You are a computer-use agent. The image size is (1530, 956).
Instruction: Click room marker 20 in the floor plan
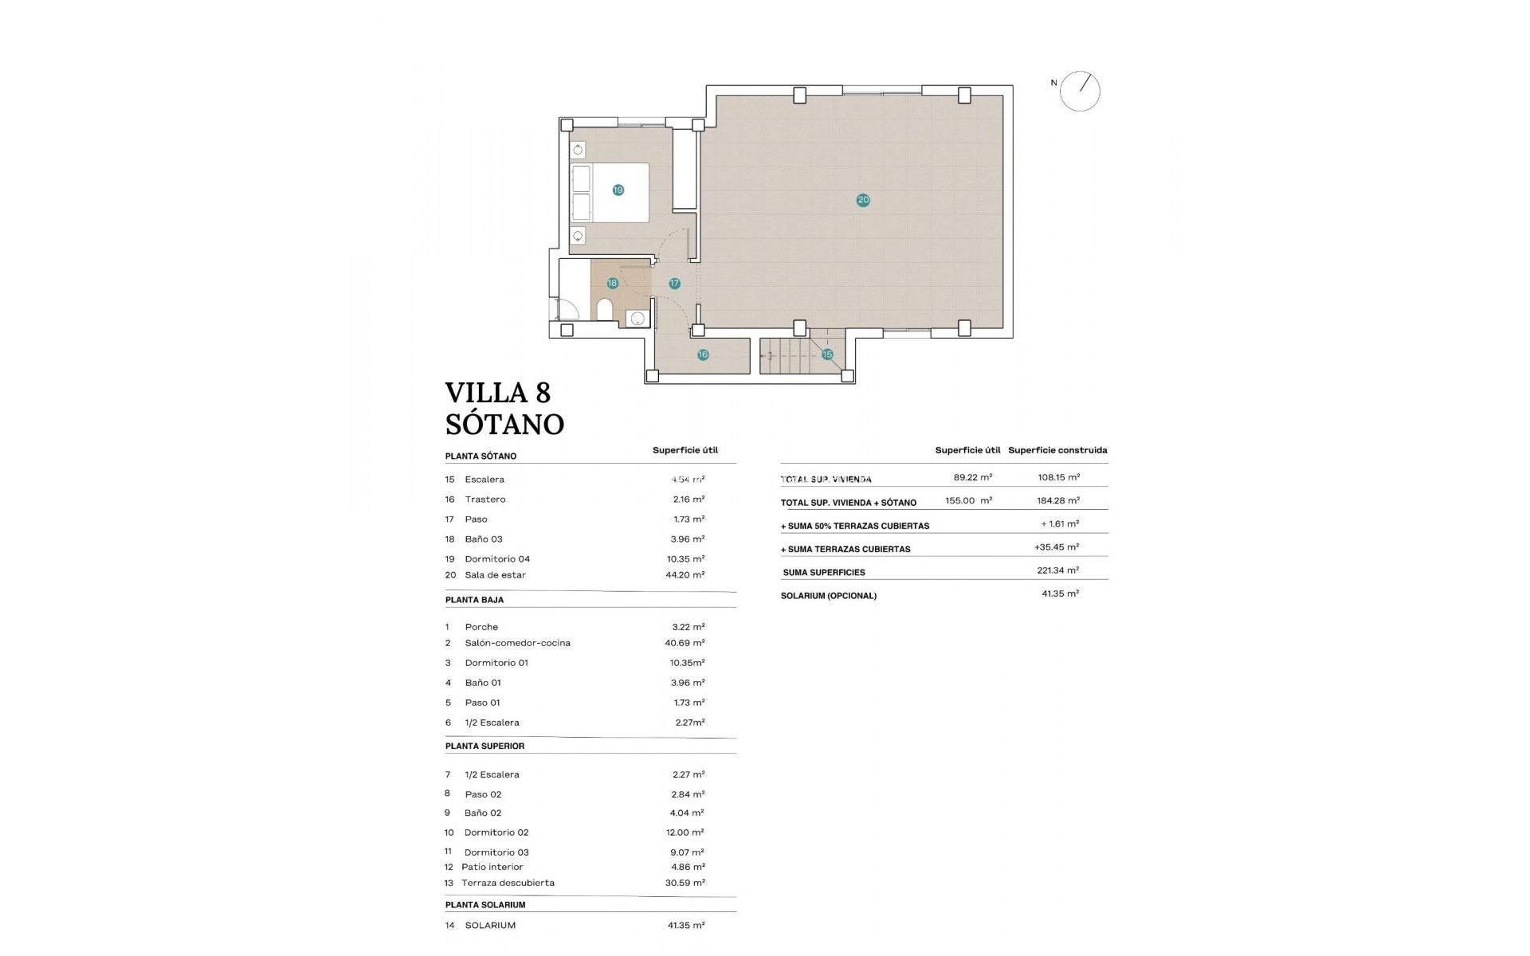pyautogui.click(x=863, y=201)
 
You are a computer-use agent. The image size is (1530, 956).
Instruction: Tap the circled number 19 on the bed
pyautogui.click(x=618, y=190)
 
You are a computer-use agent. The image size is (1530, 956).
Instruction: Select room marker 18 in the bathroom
pyautogui.click(x=612, y=284)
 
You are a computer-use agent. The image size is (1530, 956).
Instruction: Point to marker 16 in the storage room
pyautogui.click(x=703, y=355)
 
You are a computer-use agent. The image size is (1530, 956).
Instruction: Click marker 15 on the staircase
pyautogui.click(x=827, y=355)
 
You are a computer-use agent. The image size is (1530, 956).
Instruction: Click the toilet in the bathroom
pyautogui.click(x=605, y=309)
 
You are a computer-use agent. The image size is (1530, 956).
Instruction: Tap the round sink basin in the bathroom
pyautogui.click(x=637, y=319)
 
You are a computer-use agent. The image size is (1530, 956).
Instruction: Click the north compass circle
pyautogui.click(x=1080, y=91)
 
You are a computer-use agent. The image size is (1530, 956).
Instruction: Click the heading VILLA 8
pyautogui.click(x=498, y=393)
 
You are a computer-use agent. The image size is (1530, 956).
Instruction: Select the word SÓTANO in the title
pyautogui.click(x=504, y=425)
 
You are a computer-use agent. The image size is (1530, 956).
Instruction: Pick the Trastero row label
pyautogui.click(x=485, y=500)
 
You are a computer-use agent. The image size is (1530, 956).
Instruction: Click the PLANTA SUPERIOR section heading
pyautogui.click(x=484, y=746)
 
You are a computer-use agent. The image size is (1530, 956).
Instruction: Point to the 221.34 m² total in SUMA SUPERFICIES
pyautogui.click(x=1060, y=570)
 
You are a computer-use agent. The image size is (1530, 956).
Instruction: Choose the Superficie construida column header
pyautogui.click(x=1057, y=450)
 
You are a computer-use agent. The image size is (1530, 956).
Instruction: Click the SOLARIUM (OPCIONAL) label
pyautogui.click(x=829, y=596)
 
